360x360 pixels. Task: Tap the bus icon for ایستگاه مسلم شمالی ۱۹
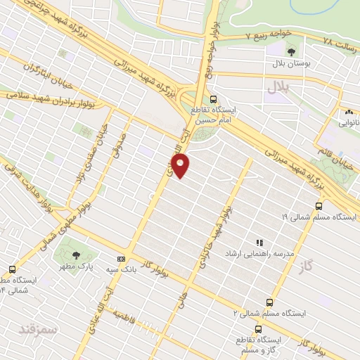319,206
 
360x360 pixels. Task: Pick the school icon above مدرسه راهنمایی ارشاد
259,241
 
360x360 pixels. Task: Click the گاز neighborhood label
304,266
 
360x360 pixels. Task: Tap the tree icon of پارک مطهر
76,255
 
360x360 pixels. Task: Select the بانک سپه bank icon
121,259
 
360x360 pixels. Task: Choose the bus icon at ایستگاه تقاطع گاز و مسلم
259,328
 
